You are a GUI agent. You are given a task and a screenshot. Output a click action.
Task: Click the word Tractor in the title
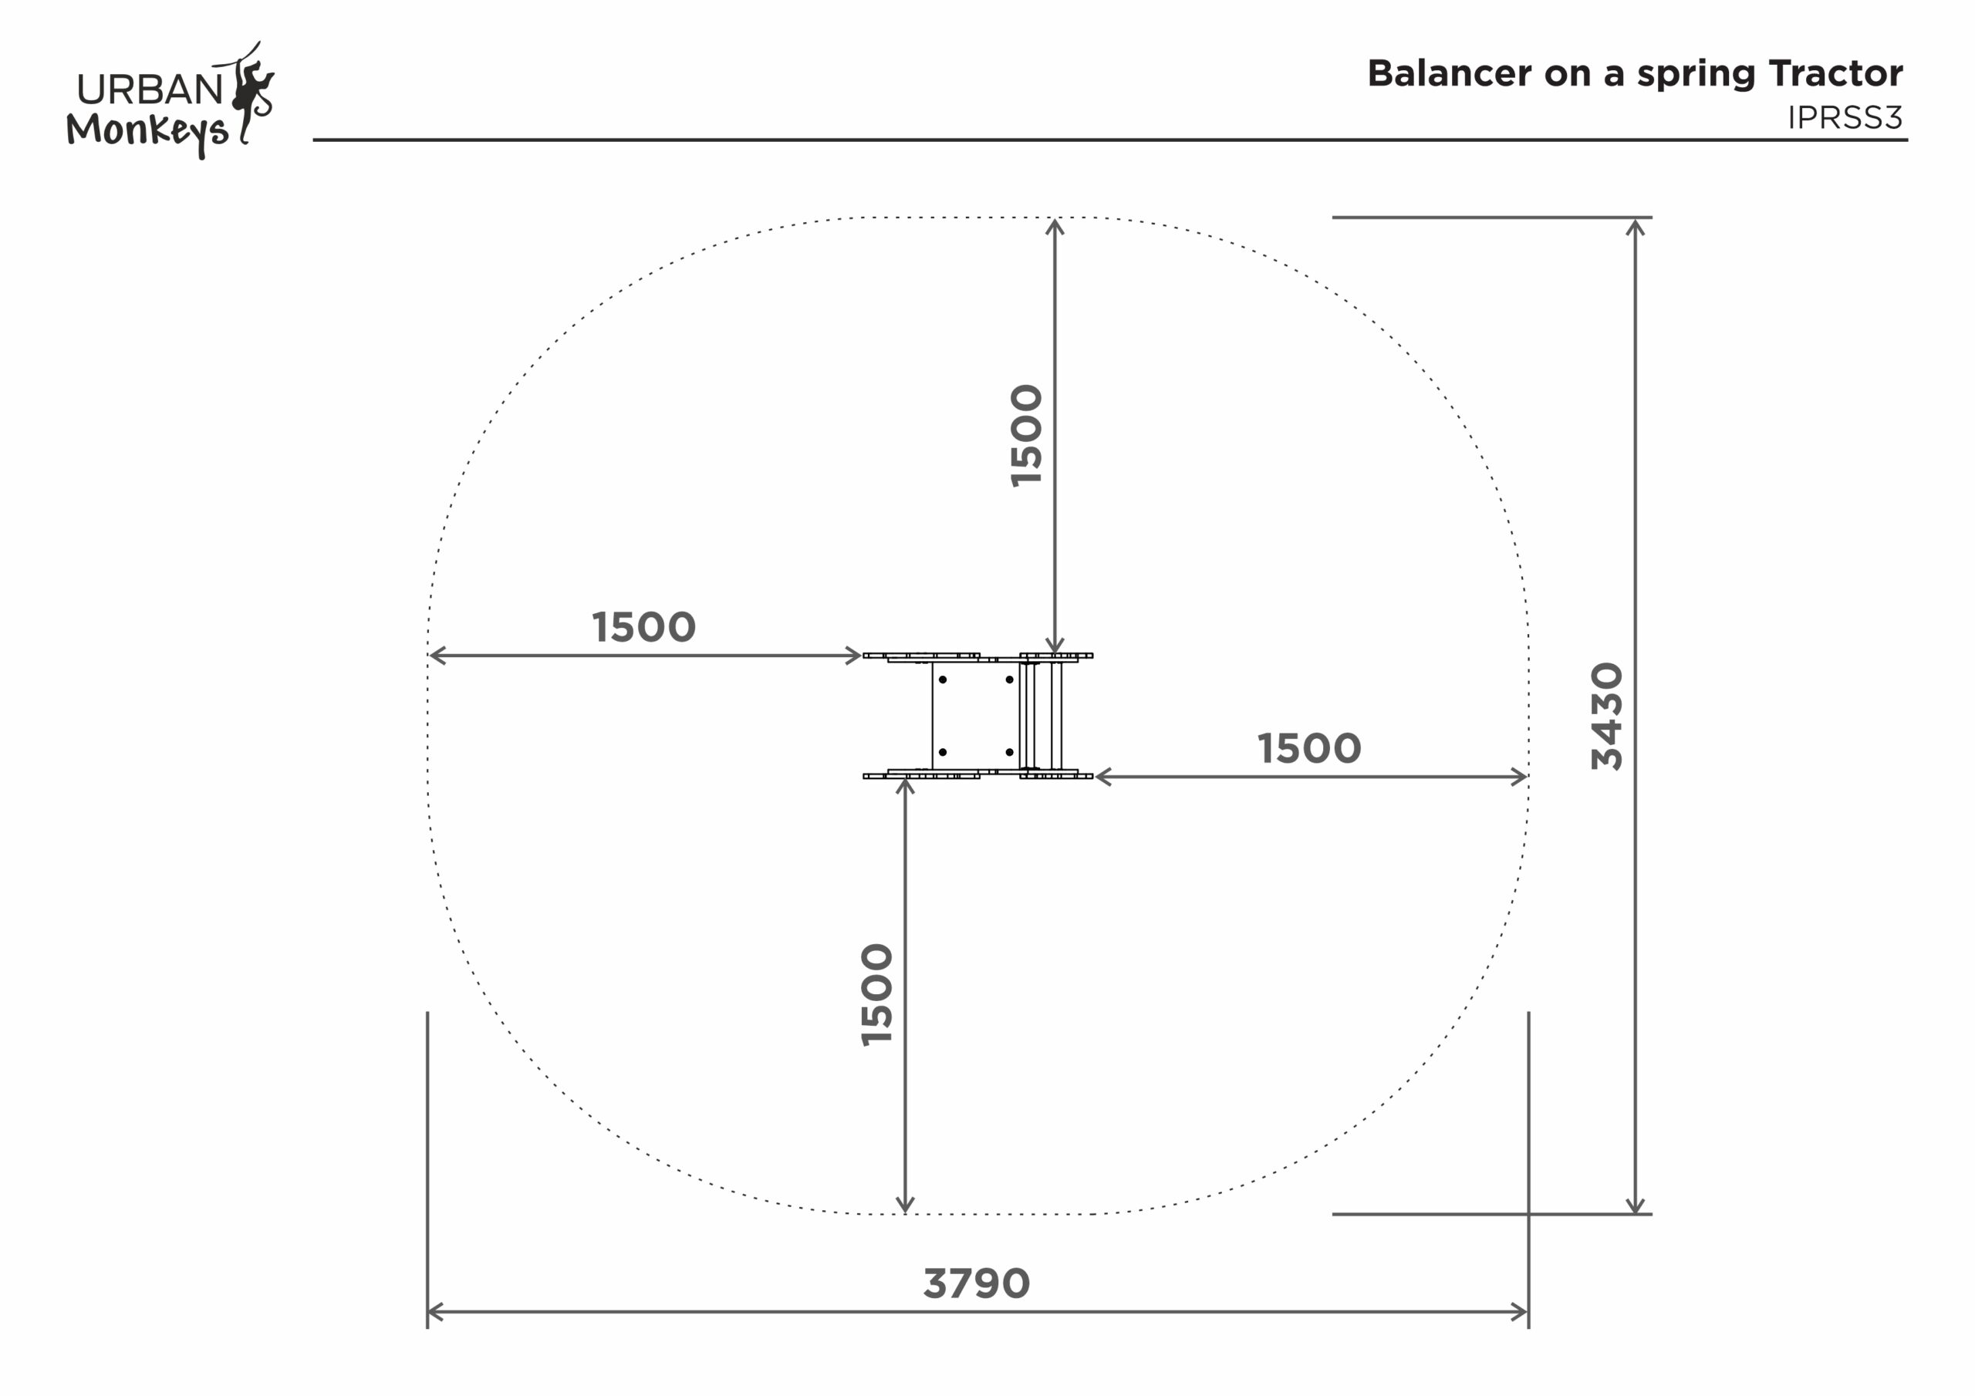point(1836,74)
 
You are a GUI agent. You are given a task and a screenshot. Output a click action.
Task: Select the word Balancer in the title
point(1450,74)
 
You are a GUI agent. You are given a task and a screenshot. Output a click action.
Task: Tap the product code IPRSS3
point(1845,118)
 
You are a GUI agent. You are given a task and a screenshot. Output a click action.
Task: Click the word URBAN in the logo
point(150,89)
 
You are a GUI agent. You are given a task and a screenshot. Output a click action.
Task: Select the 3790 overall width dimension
point(977,1284)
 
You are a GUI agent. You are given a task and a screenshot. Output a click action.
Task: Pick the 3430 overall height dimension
point(1607,716)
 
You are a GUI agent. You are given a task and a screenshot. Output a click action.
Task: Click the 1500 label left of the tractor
point(643,628)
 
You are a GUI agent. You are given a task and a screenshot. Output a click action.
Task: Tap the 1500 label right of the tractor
point(1309,749)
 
